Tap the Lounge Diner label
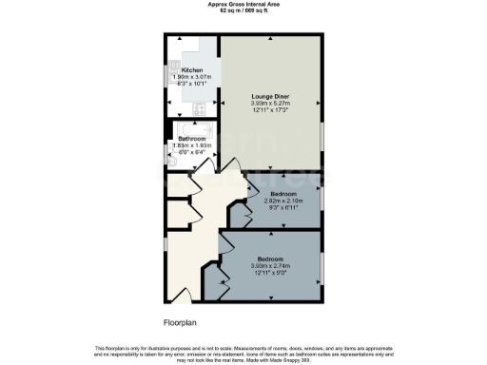tap(271, 97)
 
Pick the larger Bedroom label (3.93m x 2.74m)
tap(271, 258)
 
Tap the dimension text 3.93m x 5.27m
tap(271, 104)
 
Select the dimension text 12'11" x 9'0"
tap(271, 271)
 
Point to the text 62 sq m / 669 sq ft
tap(243, 10)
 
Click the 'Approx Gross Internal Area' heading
tap(243, 4)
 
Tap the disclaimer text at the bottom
tap(243, 352)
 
